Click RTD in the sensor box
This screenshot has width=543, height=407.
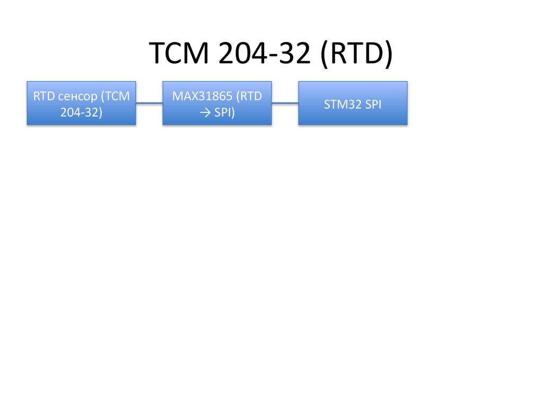pos(42,96)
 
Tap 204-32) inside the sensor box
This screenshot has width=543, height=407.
pos(81,111)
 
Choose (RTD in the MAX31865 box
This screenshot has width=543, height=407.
pos(249,96)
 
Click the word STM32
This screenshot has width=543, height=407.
pos(339,104)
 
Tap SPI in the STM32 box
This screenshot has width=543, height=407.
pos(372,104)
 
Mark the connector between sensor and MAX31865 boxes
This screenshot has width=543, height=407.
pos(149,103)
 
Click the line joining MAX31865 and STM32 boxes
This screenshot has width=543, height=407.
pos(285,103)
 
